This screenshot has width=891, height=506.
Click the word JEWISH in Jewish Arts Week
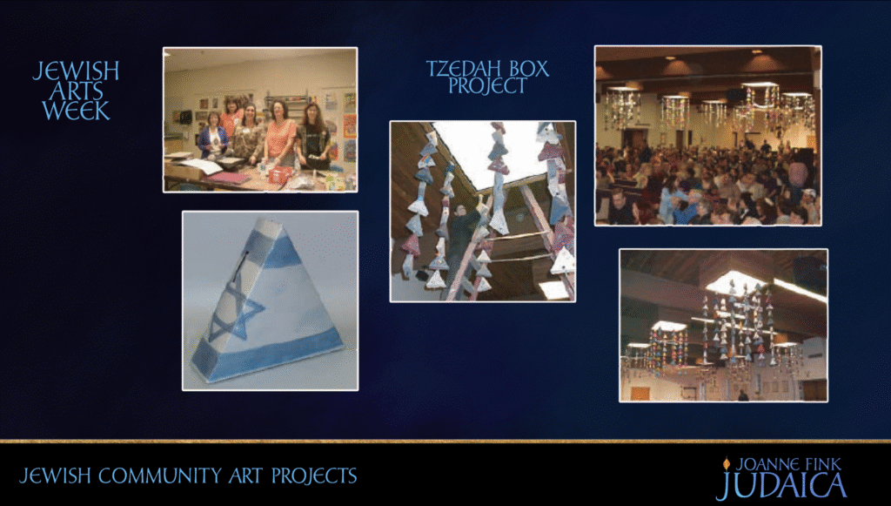pyautogui.click(x=76, y=71)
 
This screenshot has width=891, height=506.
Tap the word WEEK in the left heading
pyautogui.click(x=76, y=111)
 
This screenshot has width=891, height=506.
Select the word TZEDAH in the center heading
pyautogui.click(x=461, y=69)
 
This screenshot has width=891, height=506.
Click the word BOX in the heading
pyautogui.click(x=526, y=69)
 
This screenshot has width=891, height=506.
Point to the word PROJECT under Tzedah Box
pyautogui.click(x=487, y=86)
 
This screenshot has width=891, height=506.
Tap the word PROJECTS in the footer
pyautogui.click(x=314, y=476)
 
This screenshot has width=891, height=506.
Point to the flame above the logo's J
pyautogui.click(x=726, y=464)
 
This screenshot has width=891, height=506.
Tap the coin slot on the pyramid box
pyautogui.click(x=242, y=266)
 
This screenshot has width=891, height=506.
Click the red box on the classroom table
pyautogui.click(x=279, y=175)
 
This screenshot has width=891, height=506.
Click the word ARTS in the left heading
pyautogui.click(x=76, y=91)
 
